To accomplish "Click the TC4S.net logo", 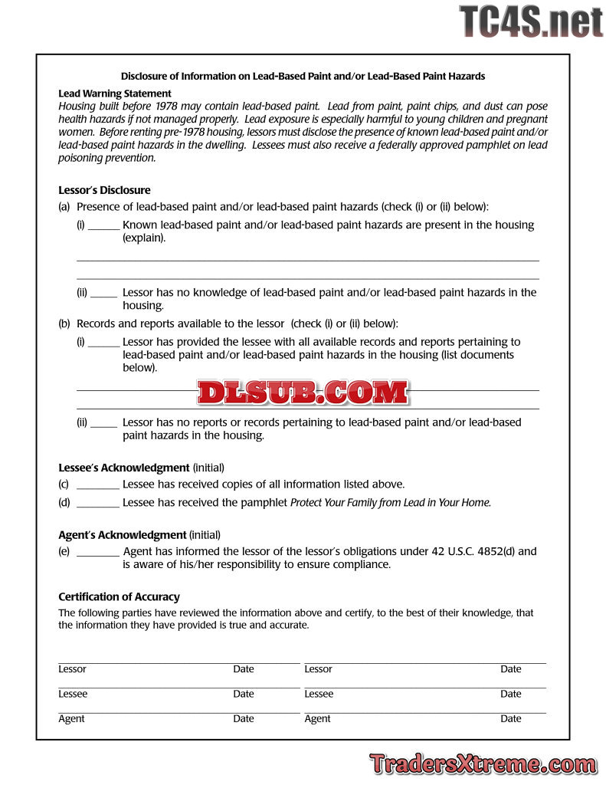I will pos(531,21).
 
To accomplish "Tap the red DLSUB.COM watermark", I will pos(303,392).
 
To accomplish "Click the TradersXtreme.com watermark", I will pos(483,764).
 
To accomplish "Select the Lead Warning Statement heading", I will pos(115,94).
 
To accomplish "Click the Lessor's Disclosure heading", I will pos(104,190).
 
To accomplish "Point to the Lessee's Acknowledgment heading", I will pos(123,468).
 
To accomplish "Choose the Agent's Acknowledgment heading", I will pos(122,535).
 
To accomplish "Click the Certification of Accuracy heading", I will pos(119,596).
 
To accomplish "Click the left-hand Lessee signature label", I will pos(73,694).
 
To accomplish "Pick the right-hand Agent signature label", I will pos(317,718).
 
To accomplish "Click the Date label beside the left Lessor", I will pos(244,669).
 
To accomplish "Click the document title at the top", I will pos(303,76).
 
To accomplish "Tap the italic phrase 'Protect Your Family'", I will pos(334,503).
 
